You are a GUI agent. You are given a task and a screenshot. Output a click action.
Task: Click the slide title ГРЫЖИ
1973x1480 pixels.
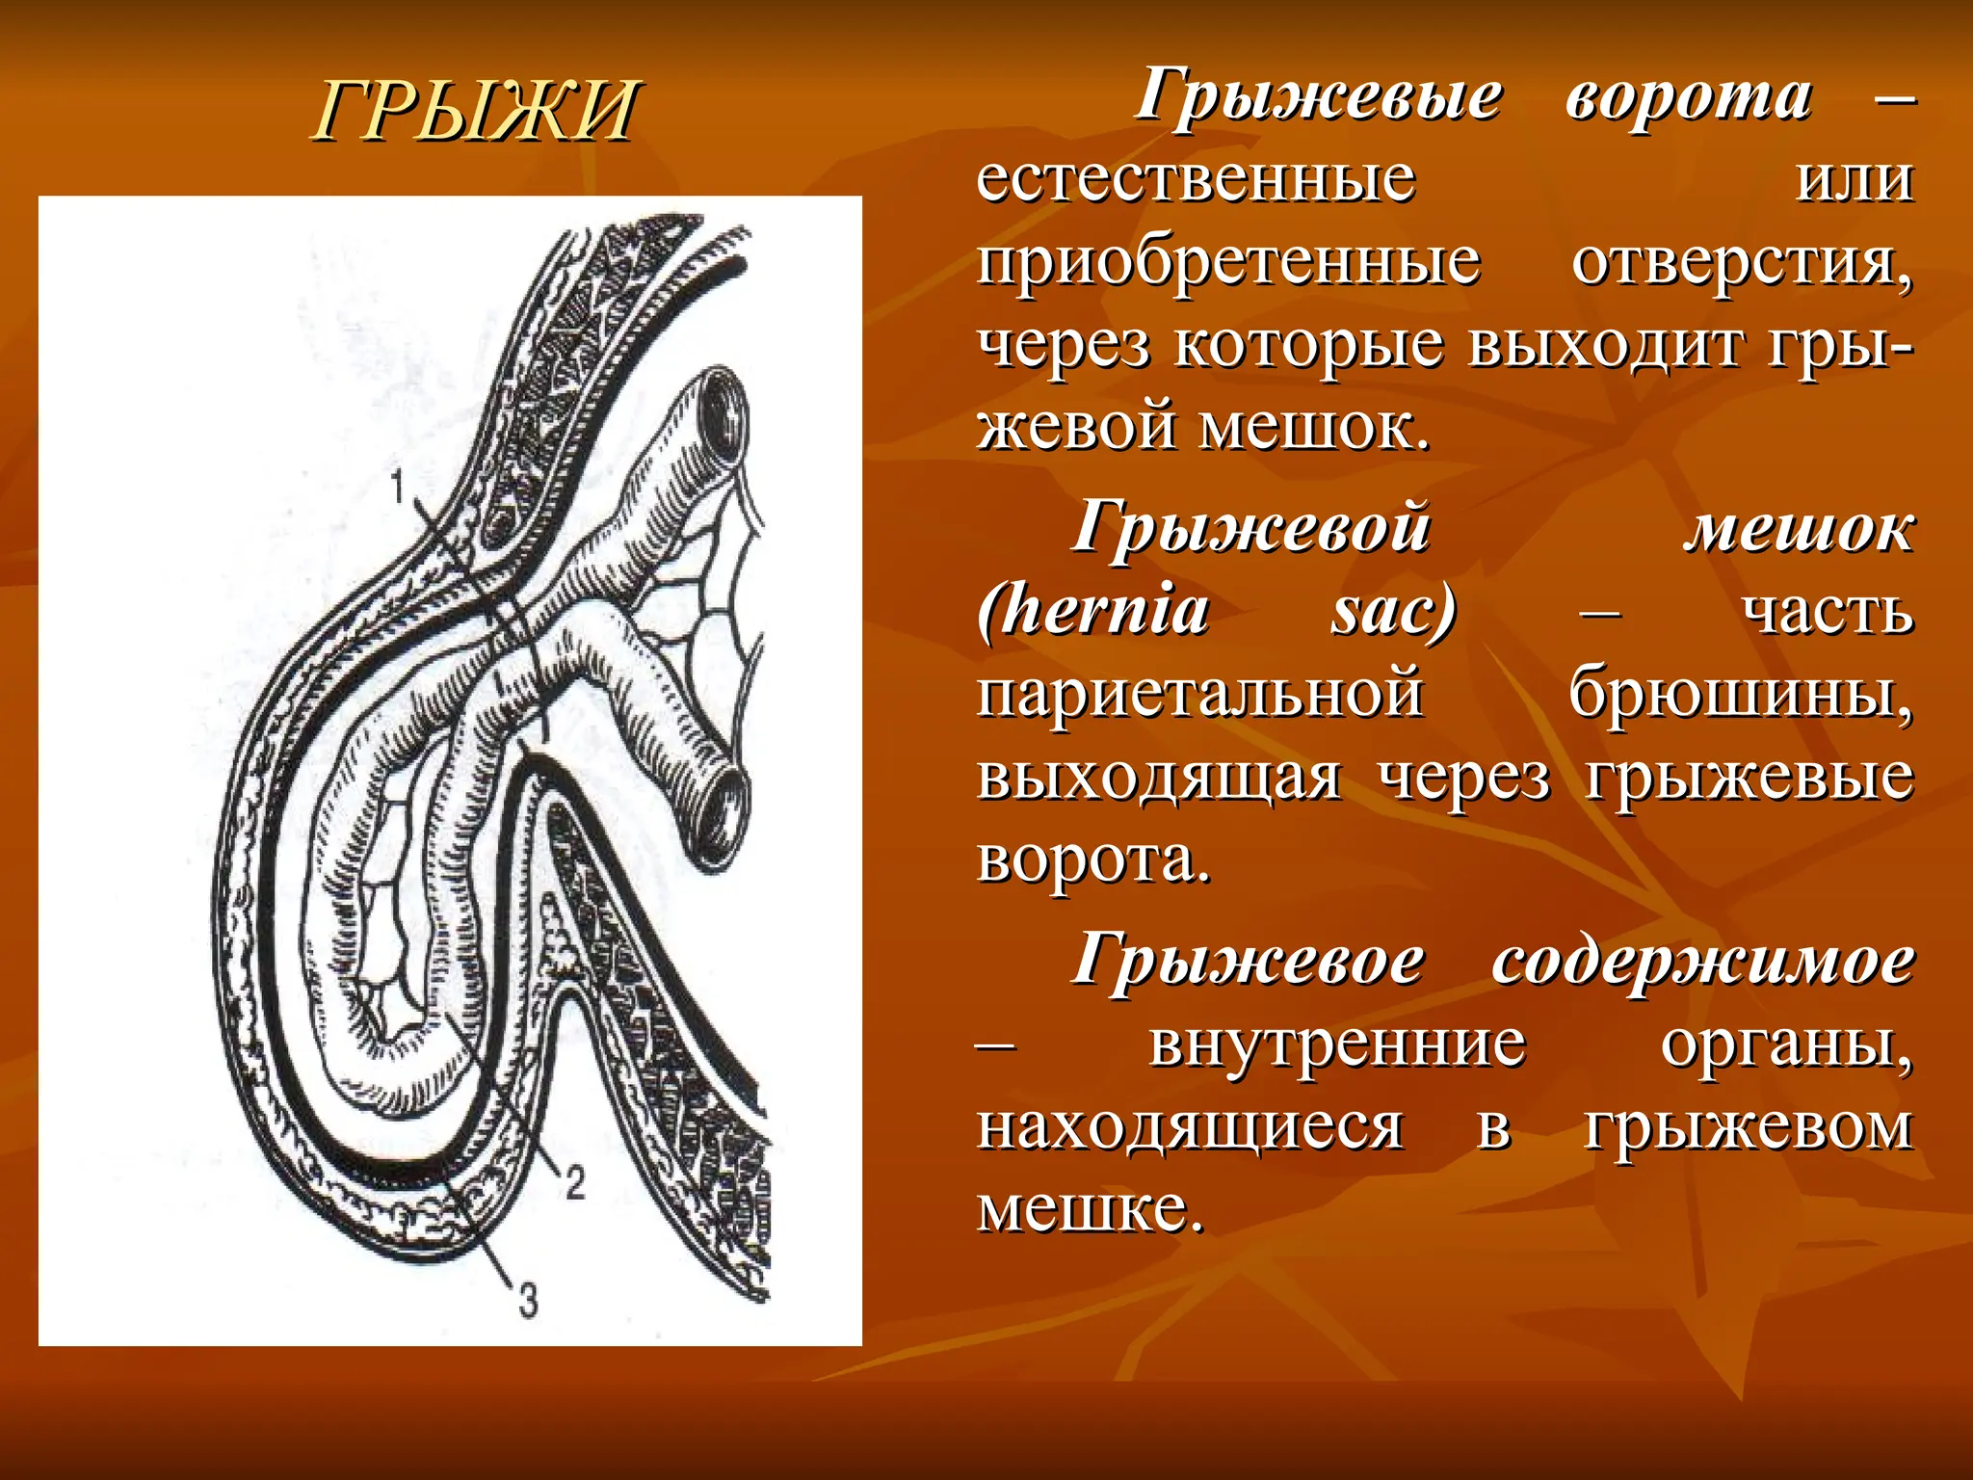pyautogui.click(x=475, y=110)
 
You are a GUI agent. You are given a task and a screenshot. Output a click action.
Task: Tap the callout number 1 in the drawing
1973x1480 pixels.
pyautogui.click(x=397, y=487)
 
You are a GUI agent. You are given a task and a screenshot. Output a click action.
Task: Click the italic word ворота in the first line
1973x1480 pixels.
pyautogui.click(x=1688, y=96)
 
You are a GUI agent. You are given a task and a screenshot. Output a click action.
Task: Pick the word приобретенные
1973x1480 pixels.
pyautogui.click(x=1228, y=262)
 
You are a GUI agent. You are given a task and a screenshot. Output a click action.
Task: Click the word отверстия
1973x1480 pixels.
pyautogui.click(x=1742, y=262)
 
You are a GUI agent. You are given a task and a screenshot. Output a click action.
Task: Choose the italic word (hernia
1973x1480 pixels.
pyautogui.click(x=1093, y=611)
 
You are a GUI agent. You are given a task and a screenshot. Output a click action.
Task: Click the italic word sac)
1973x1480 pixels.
pyautogui.click(x=1393, y=611)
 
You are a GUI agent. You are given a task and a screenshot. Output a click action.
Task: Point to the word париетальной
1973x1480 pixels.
pyautogui.click(x=1199, y=693)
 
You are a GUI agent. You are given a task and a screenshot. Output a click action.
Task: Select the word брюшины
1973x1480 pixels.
pyautogui.click(x=1740, y=693)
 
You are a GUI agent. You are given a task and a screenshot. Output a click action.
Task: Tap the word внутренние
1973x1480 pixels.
pyautogui.click(x=1337, y=1044)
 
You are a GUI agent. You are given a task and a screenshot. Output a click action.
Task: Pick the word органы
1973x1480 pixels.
pyautogui.click(x=1786, y=1044)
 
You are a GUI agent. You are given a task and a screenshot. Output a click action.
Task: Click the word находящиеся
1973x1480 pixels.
pyautogui.click(x=1190, y=1126)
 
